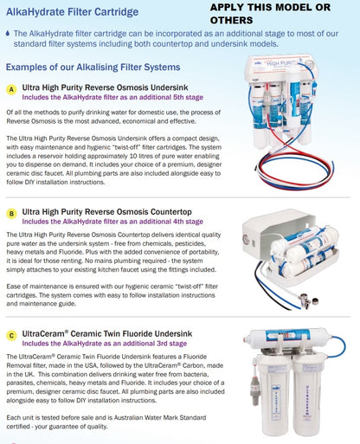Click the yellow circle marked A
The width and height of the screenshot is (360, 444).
click(11, 89)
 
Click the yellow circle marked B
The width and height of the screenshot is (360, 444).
click(11, 212)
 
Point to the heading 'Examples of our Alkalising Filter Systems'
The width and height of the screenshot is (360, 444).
click(93, 67)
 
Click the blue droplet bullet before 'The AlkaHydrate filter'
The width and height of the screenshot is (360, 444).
click(8, 32)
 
